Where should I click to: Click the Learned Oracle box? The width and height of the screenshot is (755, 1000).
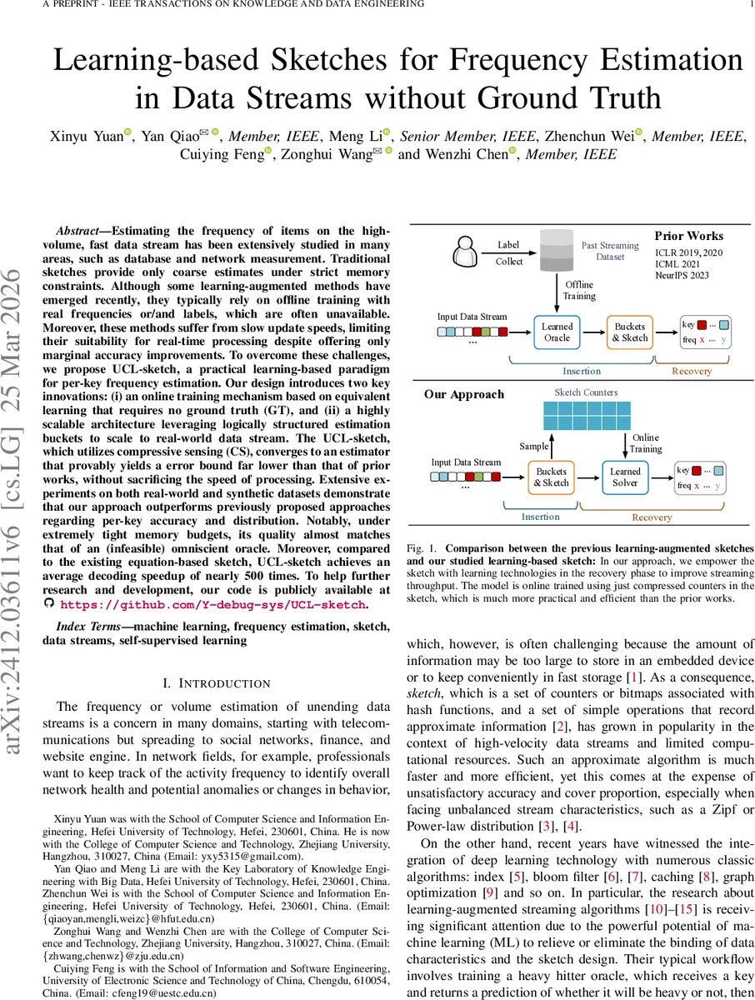557,332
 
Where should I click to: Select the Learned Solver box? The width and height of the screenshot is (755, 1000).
625,477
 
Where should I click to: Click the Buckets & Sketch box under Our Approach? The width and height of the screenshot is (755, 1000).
551,477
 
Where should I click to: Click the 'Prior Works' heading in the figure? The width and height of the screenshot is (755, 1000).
688,236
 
